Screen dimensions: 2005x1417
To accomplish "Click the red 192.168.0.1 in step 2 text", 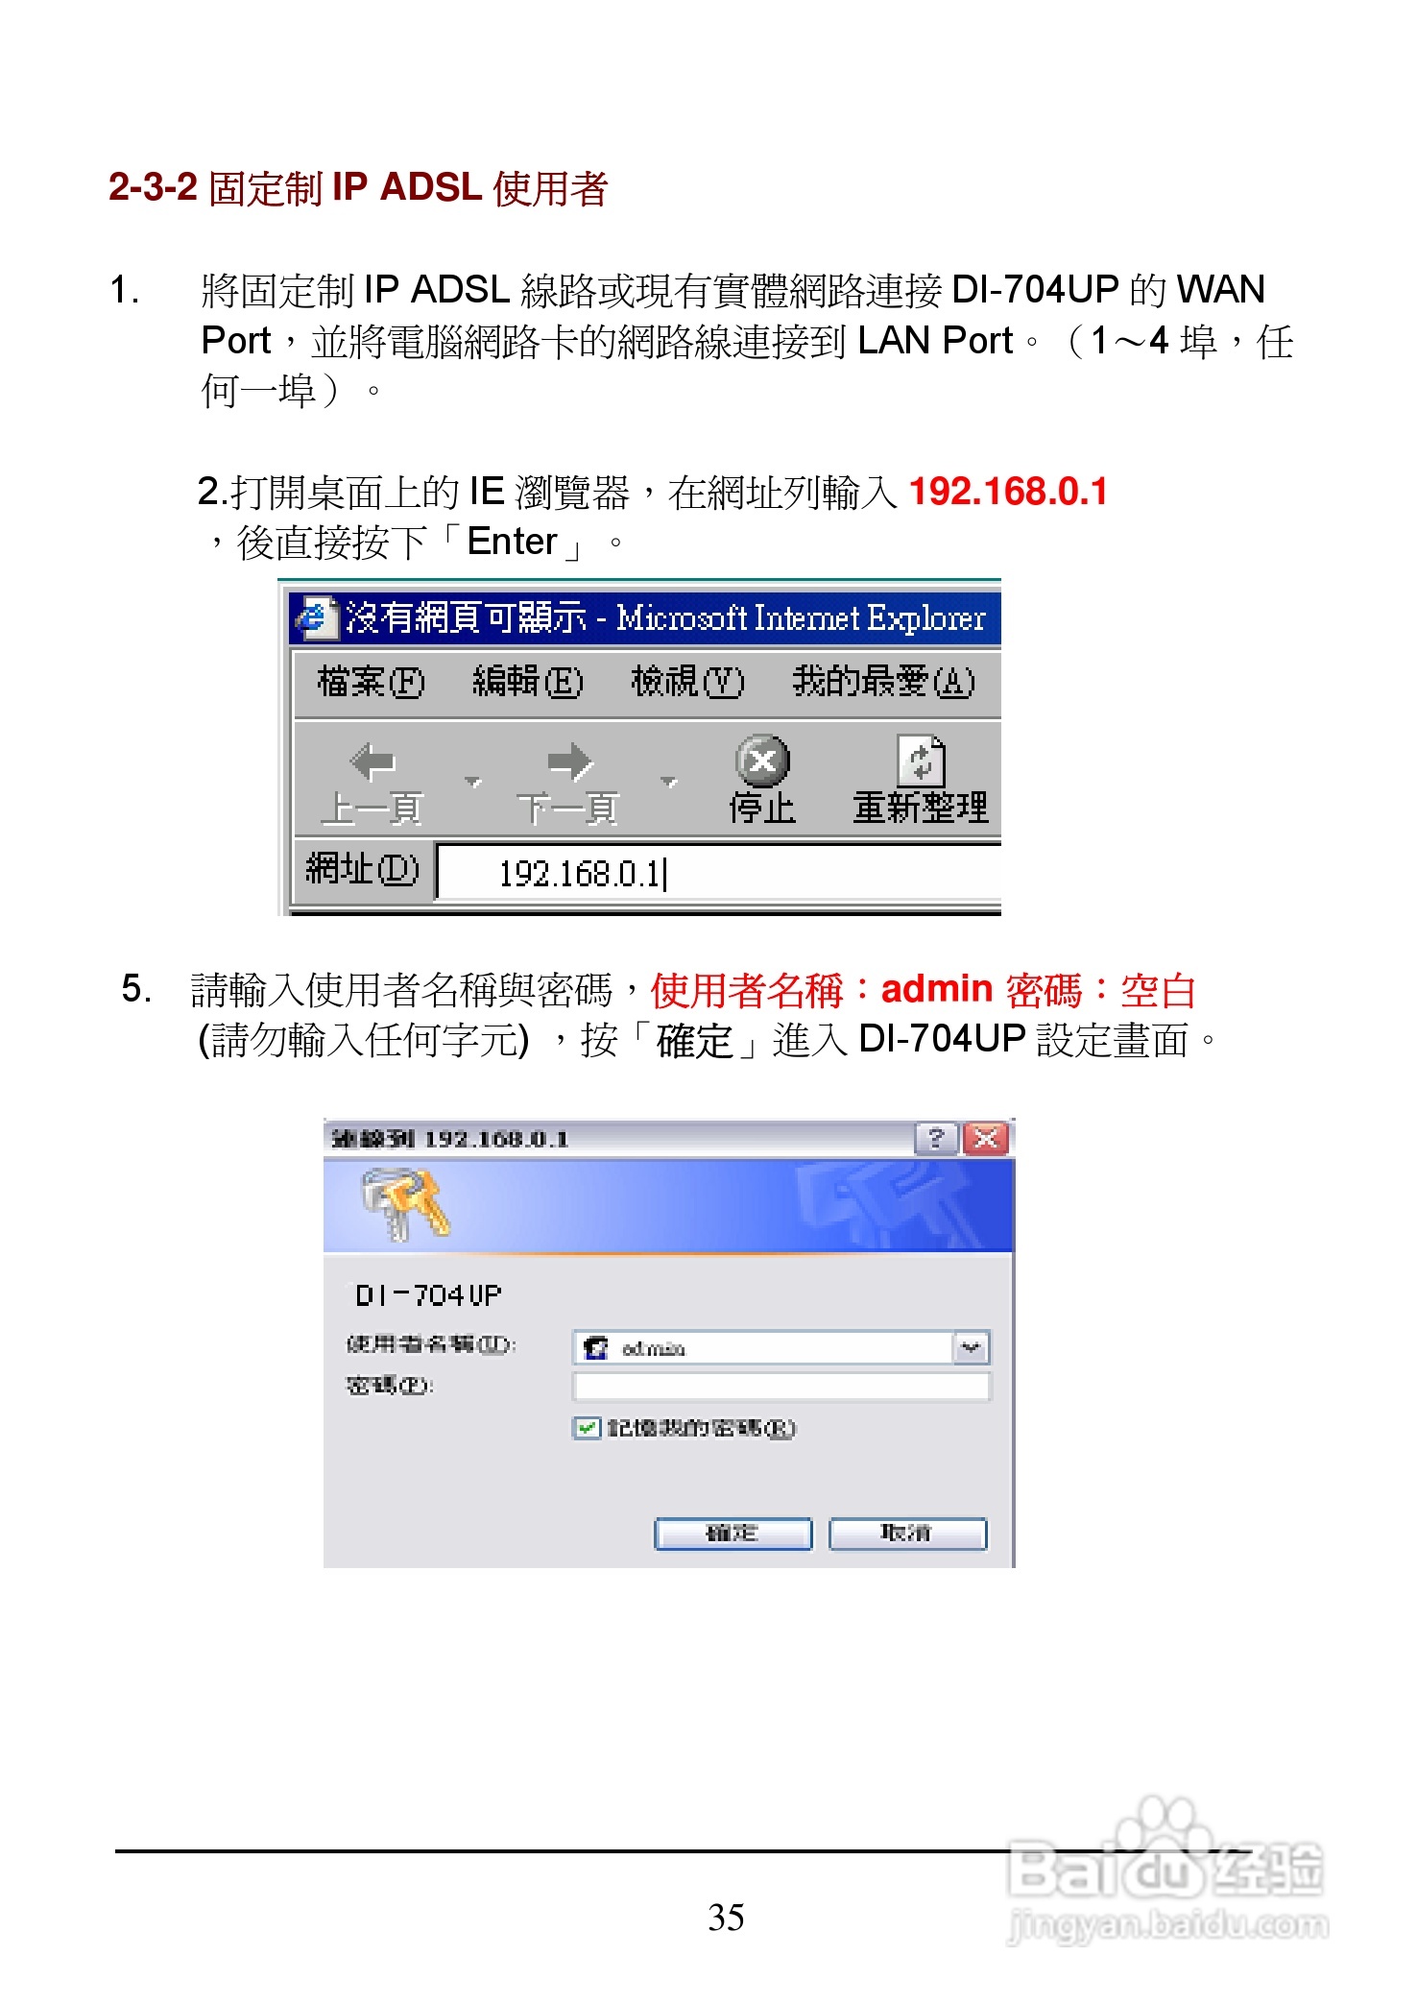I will [1007, 492].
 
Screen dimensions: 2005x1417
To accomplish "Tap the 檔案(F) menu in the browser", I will [370, 682].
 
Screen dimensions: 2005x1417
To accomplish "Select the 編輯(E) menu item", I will [527, 682].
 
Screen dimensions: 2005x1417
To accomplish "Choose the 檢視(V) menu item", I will [686, 682].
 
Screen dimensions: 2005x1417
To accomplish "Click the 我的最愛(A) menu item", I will [882, 682].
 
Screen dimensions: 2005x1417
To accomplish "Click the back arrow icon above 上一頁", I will [372, 762].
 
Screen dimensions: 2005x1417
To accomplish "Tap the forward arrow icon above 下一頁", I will [569, 762].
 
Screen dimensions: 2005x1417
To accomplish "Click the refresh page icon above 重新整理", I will [921, 761].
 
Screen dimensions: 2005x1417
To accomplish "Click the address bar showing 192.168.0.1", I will [715, 873].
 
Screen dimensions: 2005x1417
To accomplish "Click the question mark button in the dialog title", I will [936, 1139].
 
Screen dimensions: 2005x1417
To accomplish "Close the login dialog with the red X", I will [986, 1139].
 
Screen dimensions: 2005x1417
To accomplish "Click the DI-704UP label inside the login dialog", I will [428, 1295].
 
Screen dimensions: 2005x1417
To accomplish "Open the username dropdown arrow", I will [971, 1348].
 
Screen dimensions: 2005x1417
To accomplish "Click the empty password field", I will [781, 1387].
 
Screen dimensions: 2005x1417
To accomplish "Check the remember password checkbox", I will [586, 1428].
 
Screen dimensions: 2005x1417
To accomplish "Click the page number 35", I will [726, 1918].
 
